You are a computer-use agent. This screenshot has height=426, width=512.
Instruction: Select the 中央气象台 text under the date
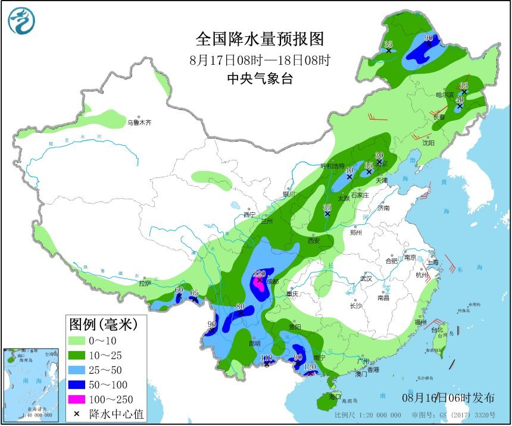(x=260, y=78)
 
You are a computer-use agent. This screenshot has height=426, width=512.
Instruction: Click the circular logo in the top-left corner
(x=21, y=21)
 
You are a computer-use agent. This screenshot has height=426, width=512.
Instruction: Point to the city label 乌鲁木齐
(x=139, y=123)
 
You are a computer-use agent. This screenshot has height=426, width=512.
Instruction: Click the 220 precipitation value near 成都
(x=259, y=274)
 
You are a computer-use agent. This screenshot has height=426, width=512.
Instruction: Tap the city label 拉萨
(x=145, y=283)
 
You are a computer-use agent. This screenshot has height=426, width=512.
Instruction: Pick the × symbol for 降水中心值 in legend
(x=77, y=414)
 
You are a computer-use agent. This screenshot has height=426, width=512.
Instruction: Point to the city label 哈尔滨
(x=444, y=95)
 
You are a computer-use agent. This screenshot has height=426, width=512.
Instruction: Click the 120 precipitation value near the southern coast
(x=310, y=367)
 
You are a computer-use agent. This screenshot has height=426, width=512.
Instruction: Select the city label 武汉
(x=365, y=278)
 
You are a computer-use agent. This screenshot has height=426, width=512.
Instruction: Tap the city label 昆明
(x=255, y=343)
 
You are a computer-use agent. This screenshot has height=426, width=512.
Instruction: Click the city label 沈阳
(x=428, y=143)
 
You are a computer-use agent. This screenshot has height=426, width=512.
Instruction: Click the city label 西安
(x=314, y=241)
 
